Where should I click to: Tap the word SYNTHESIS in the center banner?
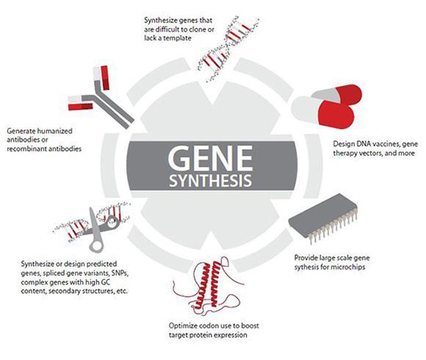(211, 181)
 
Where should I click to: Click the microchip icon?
(323, 218)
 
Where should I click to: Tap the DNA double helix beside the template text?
(227, 49)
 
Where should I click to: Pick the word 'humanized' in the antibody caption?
(54, 131)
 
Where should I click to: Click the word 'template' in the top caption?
(178, 38)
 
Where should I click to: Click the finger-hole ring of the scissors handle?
(96, 245)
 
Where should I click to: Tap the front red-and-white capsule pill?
(323, 112)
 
